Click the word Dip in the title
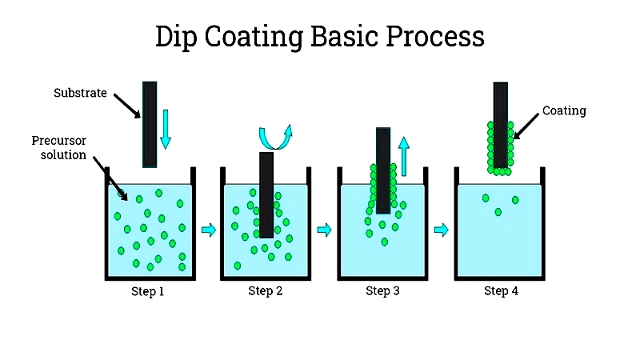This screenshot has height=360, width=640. [x=176, y=37]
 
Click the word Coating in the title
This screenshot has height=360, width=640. [x=254, y=37]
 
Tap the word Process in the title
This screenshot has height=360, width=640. [x=434, y=37]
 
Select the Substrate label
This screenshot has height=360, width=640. [x=80, y=93]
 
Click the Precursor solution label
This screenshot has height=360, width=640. [x=59, y=147]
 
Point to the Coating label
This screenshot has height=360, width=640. [x=564, y=110]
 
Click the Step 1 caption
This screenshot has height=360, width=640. [x=147, y=291]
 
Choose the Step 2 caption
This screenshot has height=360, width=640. [x=266, y=290]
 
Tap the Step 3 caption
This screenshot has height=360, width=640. [x=382, y=290]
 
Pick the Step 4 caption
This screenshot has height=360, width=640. [x=501, y=290]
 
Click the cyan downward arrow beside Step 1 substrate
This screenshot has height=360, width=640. [x=166, y=129]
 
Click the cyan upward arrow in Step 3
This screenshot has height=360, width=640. [x=404, y=156]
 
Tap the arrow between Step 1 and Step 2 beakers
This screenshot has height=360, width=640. [x=209, y=230]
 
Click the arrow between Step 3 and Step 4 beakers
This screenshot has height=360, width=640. [x=442, y=230]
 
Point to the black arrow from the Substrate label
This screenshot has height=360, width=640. [x=127, y=106]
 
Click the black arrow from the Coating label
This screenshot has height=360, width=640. [x=526, y=126]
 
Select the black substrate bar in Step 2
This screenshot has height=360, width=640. [x=266, y=195]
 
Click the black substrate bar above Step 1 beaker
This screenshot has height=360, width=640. [x=150, y=125]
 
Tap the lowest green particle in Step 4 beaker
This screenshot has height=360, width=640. [x=498, y=212]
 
